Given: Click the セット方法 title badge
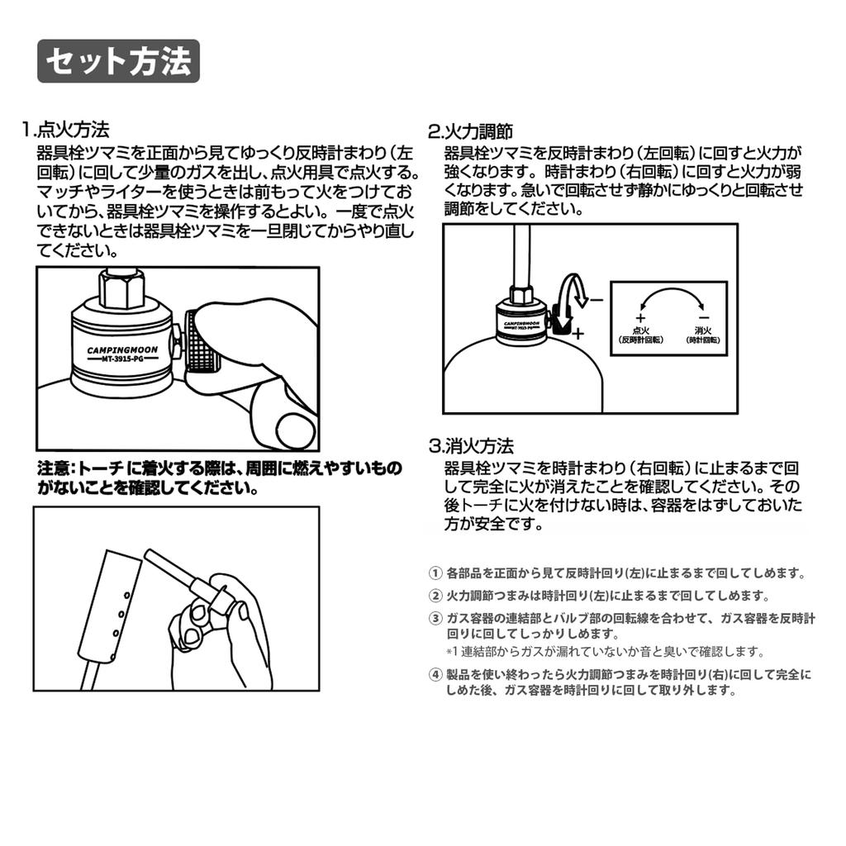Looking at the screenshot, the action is click(x=118, y=61).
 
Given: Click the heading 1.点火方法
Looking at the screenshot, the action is click(x=65, y=130).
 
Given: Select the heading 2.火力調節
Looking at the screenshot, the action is click(x=470, y=131).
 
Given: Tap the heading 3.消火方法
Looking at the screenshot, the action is click(x=471, y=446).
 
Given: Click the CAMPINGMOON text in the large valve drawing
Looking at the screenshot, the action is click(x=122, y=350).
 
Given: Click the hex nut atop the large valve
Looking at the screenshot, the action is click(x=122, y=288).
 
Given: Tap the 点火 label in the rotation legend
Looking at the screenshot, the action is click(x=640, y=330).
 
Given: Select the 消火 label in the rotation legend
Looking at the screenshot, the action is click(x=703, y=330).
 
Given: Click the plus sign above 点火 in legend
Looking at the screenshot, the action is click(x=640, y=318).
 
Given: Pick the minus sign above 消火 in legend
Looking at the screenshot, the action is click(x=704, y=318).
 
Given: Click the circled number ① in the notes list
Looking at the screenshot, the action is click(x=435, y=573).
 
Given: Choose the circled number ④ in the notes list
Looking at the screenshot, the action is click(x=435, y=674).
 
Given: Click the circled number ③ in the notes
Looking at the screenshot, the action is click(x=435, y=618).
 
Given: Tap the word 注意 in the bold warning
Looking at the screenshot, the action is click(x=52, y=468).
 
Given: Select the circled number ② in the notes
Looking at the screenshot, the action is click(x=435, y=596).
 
